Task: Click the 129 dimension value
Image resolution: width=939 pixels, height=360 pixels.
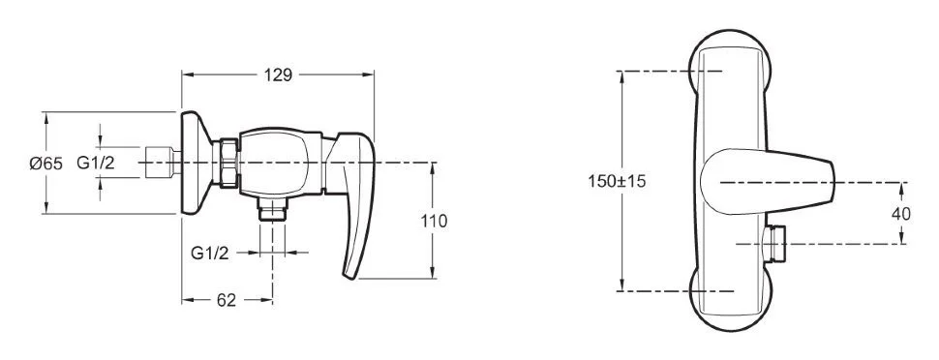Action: click(x=278, y=75)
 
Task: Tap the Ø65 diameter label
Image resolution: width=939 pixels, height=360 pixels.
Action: click(x=46, y=163)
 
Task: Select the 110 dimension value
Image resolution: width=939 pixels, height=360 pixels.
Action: click(x=434, y=221)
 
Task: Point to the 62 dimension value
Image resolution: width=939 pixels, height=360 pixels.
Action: click(x=227, y=300)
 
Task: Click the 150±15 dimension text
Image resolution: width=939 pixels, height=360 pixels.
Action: click(x=617, y=181)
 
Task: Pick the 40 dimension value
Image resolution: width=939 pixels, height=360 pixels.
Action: click(x=900, y=214)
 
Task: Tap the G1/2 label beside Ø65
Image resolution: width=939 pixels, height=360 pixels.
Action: click(x=96, y=163)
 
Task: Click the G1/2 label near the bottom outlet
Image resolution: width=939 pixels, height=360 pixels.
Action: click(x=210, y=253)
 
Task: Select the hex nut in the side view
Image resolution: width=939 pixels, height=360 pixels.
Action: click(x=228, y=163)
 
